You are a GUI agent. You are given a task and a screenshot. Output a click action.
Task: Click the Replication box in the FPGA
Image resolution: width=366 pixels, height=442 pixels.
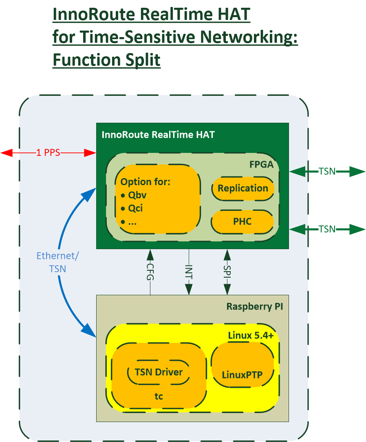point(243,188)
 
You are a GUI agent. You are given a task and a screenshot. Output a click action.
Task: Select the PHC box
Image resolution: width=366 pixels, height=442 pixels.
point(243,222)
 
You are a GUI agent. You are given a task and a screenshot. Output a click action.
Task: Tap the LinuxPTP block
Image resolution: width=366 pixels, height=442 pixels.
point(243,365)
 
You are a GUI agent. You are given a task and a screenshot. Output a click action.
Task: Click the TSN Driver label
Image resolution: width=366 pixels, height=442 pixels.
point(159,372)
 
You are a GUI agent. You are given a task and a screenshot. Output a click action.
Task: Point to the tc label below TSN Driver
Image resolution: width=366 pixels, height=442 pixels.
point(159,396)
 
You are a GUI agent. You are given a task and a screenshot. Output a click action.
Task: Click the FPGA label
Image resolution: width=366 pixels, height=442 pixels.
point(262,164)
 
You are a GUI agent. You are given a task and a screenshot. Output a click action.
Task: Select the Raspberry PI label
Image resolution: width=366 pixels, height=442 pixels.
point(255,306)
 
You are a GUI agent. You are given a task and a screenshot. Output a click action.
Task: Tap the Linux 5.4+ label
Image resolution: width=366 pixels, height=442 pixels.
point(251,336)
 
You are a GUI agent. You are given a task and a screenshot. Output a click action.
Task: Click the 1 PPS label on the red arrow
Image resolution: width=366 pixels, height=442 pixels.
point(48,152)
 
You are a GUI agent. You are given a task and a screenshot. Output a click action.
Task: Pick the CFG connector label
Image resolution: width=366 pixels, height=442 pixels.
point(150,272)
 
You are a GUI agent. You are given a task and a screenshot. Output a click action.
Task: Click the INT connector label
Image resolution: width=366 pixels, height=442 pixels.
point(189,272)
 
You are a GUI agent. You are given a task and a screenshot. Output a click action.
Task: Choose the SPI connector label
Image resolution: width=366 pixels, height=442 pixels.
point(227,272)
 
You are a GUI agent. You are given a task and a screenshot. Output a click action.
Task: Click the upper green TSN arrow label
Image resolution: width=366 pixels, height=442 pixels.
point(327,171)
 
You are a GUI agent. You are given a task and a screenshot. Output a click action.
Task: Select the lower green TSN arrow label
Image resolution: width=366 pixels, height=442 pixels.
point(327,229)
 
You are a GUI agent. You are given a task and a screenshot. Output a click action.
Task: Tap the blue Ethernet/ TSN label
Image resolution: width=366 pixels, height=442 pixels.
point(58,262)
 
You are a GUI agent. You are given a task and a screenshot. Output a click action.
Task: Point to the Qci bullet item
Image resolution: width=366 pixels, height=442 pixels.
point(132,208)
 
